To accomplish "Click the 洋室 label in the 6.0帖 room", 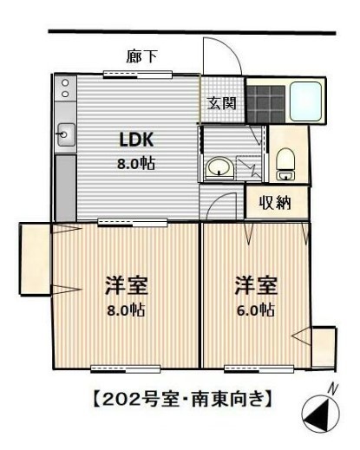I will click(255, 285).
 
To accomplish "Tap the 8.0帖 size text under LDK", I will click(136, 163).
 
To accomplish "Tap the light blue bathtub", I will click(306, 101).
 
